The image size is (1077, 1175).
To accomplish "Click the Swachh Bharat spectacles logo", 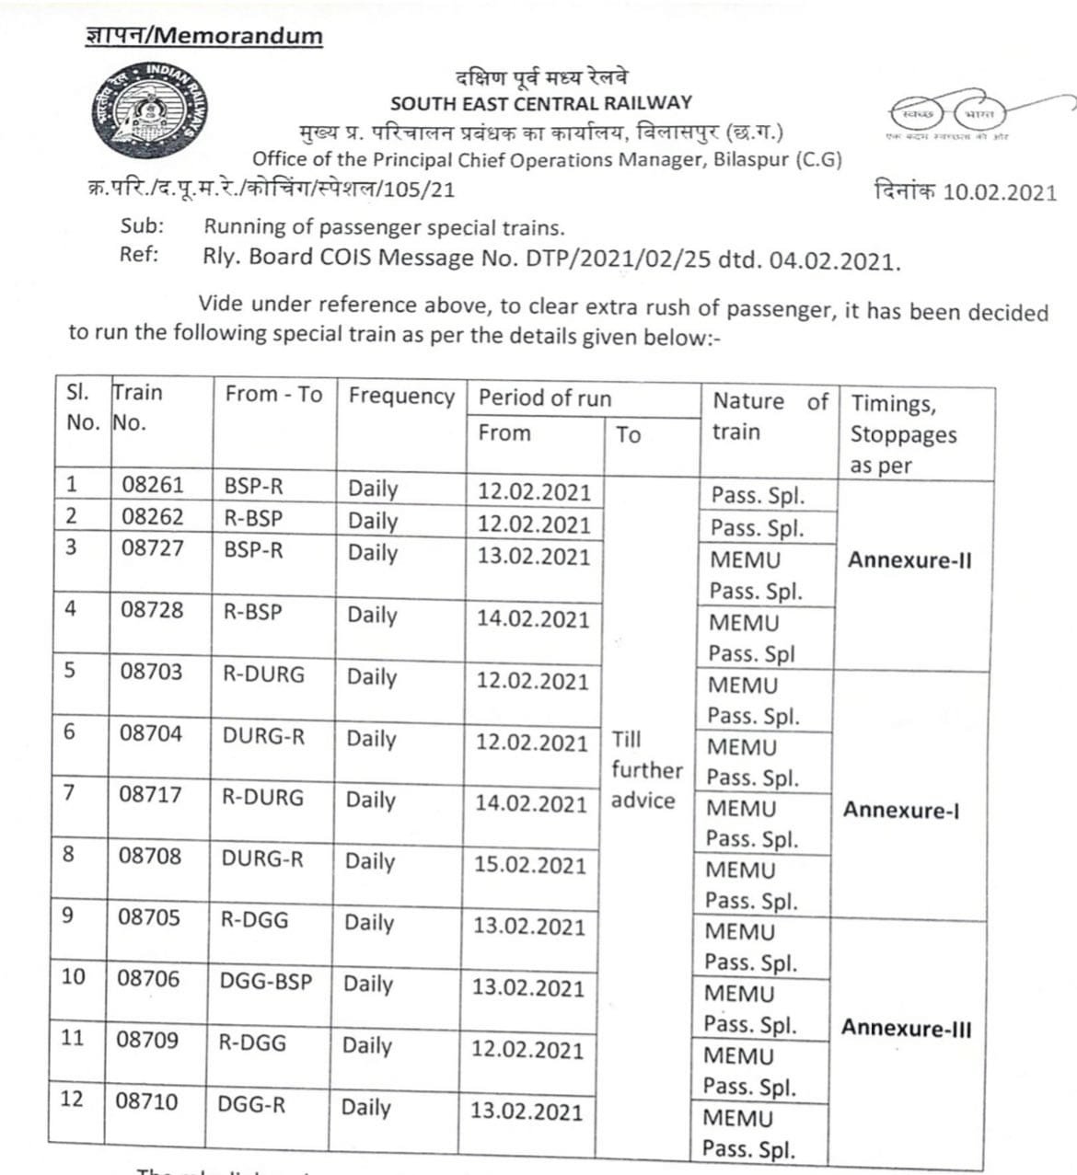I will click(x=948, y=114).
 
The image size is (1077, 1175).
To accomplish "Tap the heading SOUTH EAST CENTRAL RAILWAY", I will click(x=540, y=103).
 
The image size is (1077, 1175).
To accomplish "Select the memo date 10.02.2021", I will click(x=1000, y=191).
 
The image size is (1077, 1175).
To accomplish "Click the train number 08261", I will click(x=153, y=485).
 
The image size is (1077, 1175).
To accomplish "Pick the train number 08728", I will click(x=152, y=610).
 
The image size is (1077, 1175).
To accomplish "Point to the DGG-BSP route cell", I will click(x=265, y=981).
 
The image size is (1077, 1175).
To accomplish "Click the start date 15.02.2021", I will click(x=530, y=865).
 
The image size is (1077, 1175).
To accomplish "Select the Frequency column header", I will click(x=401, y=397).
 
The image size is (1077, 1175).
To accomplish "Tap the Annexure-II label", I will click(x=909, y=560).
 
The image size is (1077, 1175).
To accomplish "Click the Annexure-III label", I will click(x=906, y=1028).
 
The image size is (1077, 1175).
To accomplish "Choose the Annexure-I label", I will click(x=901, y=810).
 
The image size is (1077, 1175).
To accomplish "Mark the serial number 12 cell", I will click(x=72, y=1100).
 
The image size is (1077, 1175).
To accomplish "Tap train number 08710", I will click(x=147, y=1101).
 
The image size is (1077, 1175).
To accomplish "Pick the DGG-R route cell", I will click(x=251, y=1104).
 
